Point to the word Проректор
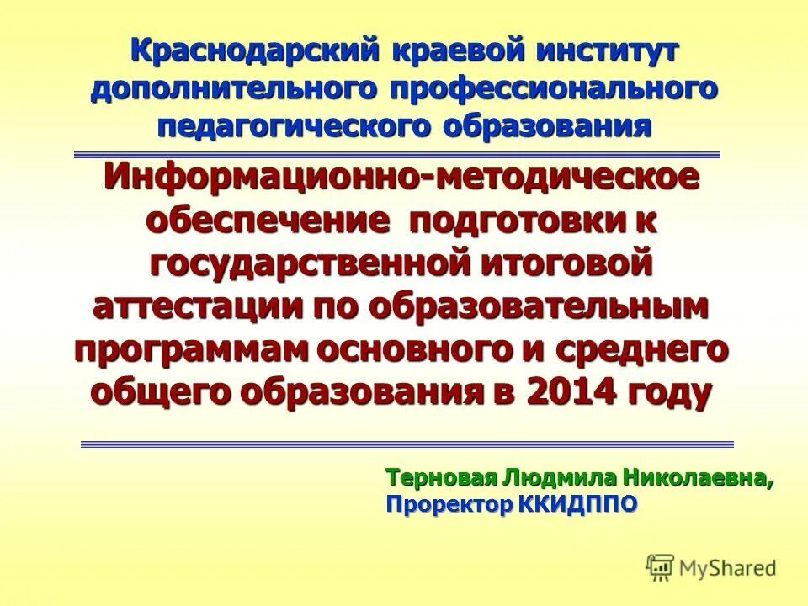[448, 504]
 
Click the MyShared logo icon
[660, 566]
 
